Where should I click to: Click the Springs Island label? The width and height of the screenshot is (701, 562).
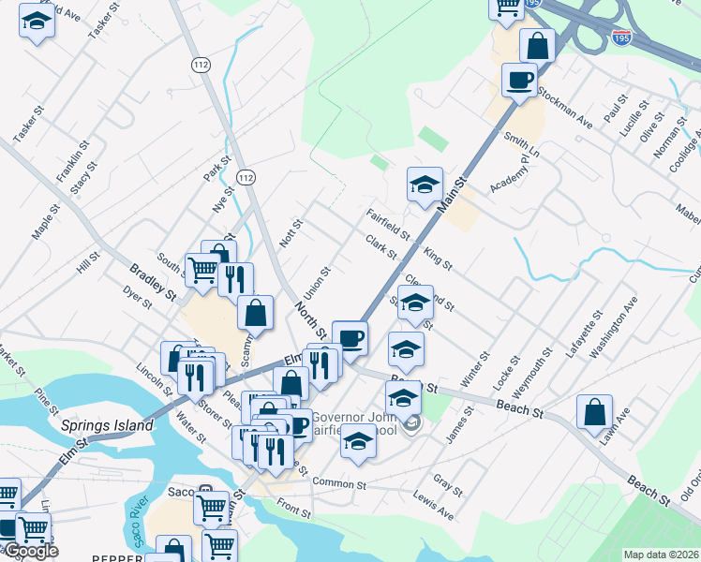pos(107,425)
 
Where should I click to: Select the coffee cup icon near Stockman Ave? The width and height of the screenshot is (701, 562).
pos(519,81)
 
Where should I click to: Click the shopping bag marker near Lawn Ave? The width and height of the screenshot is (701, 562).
pos(595,412)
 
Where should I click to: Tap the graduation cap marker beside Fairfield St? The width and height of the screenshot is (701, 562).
pos(425,185)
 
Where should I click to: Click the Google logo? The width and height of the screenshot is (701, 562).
pos(30,551)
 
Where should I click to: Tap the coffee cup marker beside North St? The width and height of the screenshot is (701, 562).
pos(350,339)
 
